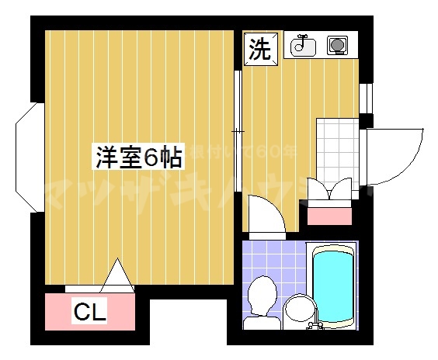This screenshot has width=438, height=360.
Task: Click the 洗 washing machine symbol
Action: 260,49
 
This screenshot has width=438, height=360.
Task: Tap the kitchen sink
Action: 304,47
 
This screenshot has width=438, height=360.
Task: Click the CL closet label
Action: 89,313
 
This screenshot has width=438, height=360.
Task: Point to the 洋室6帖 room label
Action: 139,157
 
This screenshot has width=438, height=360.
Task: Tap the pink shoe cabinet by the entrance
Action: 329,213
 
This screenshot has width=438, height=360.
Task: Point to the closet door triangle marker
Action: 119,273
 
